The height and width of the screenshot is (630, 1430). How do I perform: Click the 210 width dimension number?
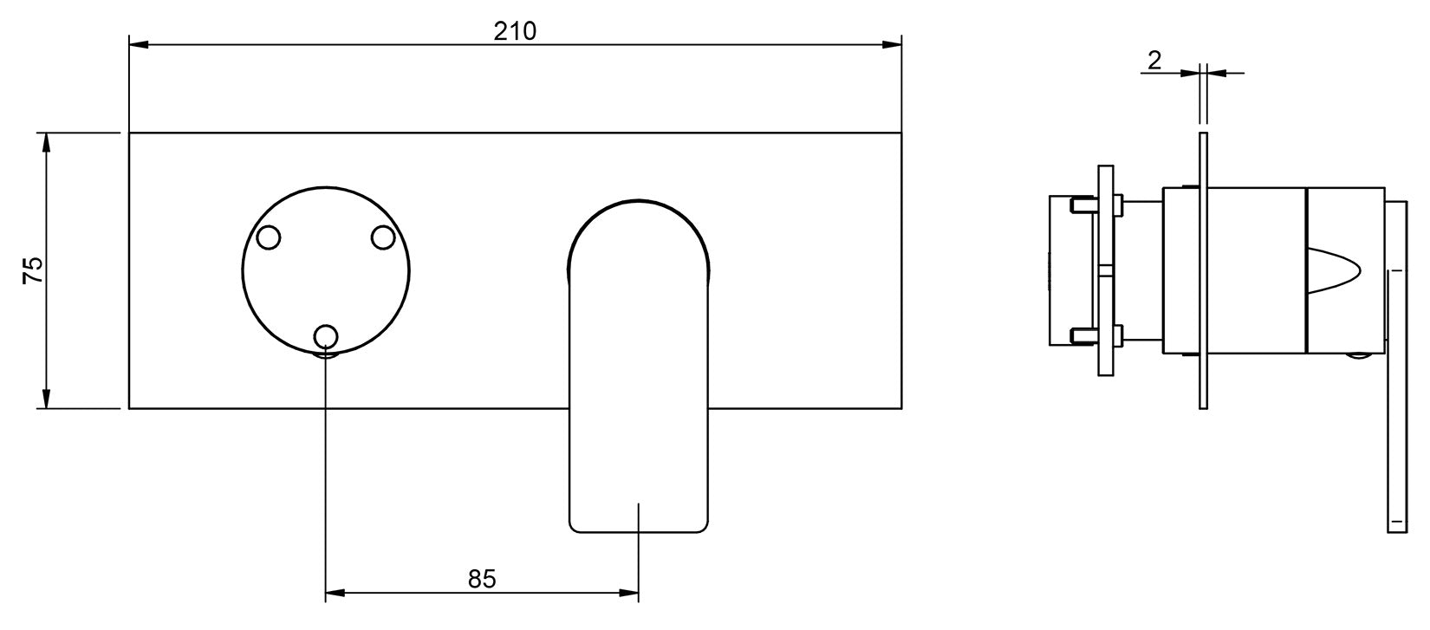point(515,31)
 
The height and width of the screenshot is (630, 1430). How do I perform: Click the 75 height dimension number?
point(33,270)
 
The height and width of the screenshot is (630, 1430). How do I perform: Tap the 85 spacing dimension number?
point(481,579)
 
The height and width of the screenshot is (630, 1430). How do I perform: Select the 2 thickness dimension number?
point(1154,61)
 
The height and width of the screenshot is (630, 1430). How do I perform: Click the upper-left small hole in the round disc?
point(268,237)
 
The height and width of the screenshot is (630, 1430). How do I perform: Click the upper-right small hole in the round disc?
point(383,237)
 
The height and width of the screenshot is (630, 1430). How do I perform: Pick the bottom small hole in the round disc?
point(326,336)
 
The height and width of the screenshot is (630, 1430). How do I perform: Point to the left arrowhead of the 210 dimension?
point(139,44)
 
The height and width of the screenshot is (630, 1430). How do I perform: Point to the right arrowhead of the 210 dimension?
point(892,44)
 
